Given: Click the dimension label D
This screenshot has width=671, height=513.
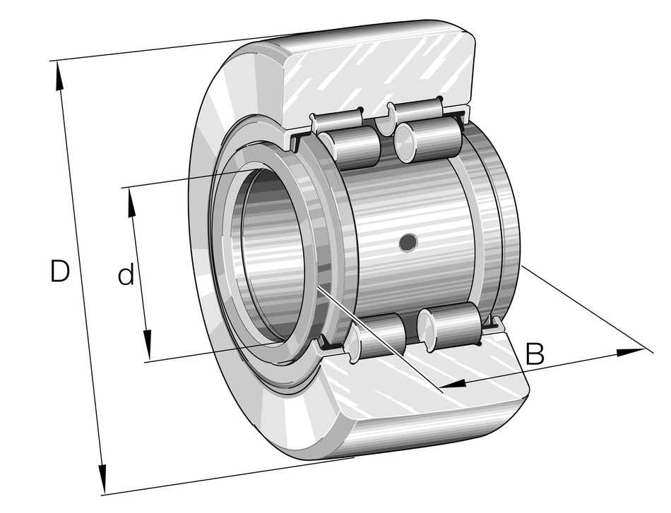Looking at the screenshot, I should [x=60, y=272].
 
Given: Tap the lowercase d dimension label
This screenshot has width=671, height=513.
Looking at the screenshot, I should [x=126, y=275].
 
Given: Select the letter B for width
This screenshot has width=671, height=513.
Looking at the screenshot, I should [x=535, y=354].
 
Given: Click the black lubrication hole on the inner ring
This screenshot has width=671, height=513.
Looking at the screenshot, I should [x=408, y=242].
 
